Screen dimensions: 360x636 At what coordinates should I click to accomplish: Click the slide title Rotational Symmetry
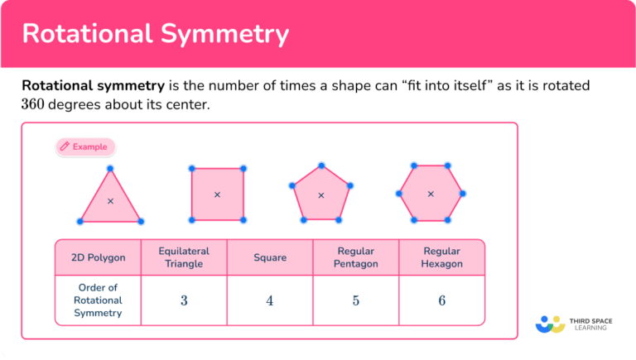[155, 33]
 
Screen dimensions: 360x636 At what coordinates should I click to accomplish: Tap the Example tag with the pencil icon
[85, 146]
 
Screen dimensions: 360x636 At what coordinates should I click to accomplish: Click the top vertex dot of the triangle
[110, 168]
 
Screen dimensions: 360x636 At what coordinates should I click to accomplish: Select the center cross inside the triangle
[110, 201]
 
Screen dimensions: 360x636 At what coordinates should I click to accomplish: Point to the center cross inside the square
[217, 194]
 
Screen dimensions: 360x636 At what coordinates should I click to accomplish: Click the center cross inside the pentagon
[321, 195]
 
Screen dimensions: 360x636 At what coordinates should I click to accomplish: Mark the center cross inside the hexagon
[430, 194]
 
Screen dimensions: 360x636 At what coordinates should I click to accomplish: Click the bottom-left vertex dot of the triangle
[79, 221]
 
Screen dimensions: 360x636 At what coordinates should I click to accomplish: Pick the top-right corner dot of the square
[243, 168]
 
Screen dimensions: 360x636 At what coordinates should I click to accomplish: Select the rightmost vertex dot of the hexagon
[462, 194]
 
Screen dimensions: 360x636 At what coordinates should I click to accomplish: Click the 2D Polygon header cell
[99, 257]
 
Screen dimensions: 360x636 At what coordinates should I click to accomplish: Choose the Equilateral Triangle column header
[184, 257]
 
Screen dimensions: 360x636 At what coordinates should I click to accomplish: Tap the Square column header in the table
[270, 257]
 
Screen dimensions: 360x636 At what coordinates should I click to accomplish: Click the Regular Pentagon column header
[356, 257]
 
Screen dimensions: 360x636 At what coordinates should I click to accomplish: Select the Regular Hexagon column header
[441, 257]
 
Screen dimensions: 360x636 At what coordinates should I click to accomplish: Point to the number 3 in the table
[184, 300]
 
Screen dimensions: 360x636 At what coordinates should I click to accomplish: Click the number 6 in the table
[441, 300]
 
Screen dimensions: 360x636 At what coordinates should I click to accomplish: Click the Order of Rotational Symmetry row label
[99, 300]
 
